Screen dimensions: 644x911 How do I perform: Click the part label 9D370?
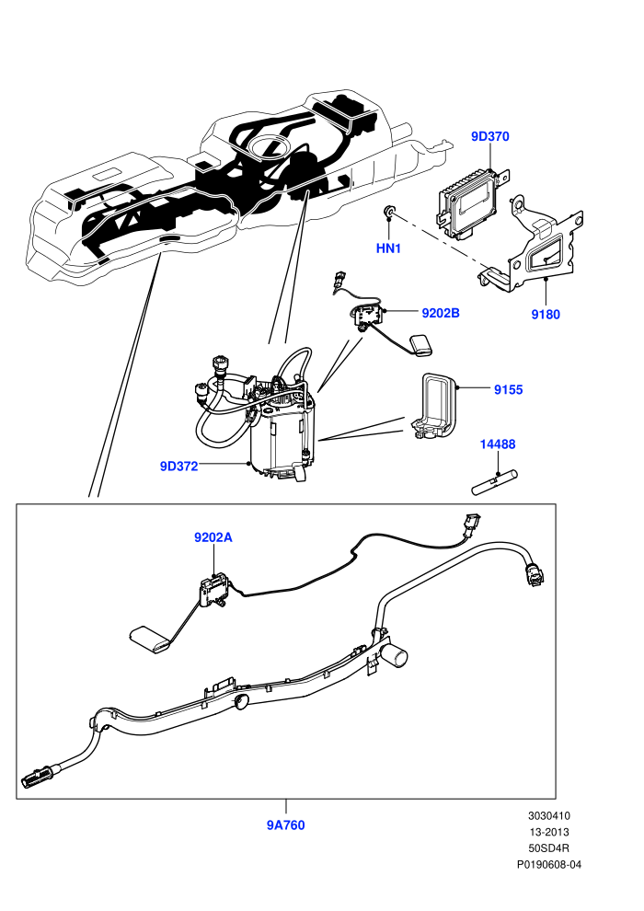(489, 136)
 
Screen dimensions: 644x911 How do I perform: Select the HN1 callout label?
(388, 248)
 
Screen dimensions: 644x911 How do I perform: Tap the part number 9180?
(546, 315)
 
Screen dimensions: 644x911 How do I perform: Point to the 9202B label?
(440, 313)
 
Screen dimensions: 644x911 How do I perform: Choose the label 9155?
(508, 390)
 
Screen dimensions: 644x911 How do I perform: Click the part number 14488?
(498, 444)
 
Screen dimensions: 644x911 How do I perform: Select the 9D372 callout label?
(178, 466)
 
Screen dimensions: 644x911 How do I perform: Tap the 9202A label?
(213, 537)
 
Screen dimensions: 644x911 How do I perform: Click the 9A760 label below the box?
(286, 825)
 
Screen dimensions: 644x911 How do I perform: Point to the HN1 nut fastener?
(390, 211)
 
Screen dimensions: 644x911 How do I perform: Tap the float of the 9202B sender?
(422, 344)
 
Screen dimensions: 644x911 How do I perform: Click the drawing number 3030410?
(548, 815)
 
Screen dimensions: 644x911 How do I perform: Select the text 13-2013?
(548, 832)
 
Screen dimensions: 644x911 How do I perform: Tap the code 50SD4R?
(548, 848)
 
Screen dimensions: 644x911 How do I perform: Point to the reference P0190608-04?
(548, 864)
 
